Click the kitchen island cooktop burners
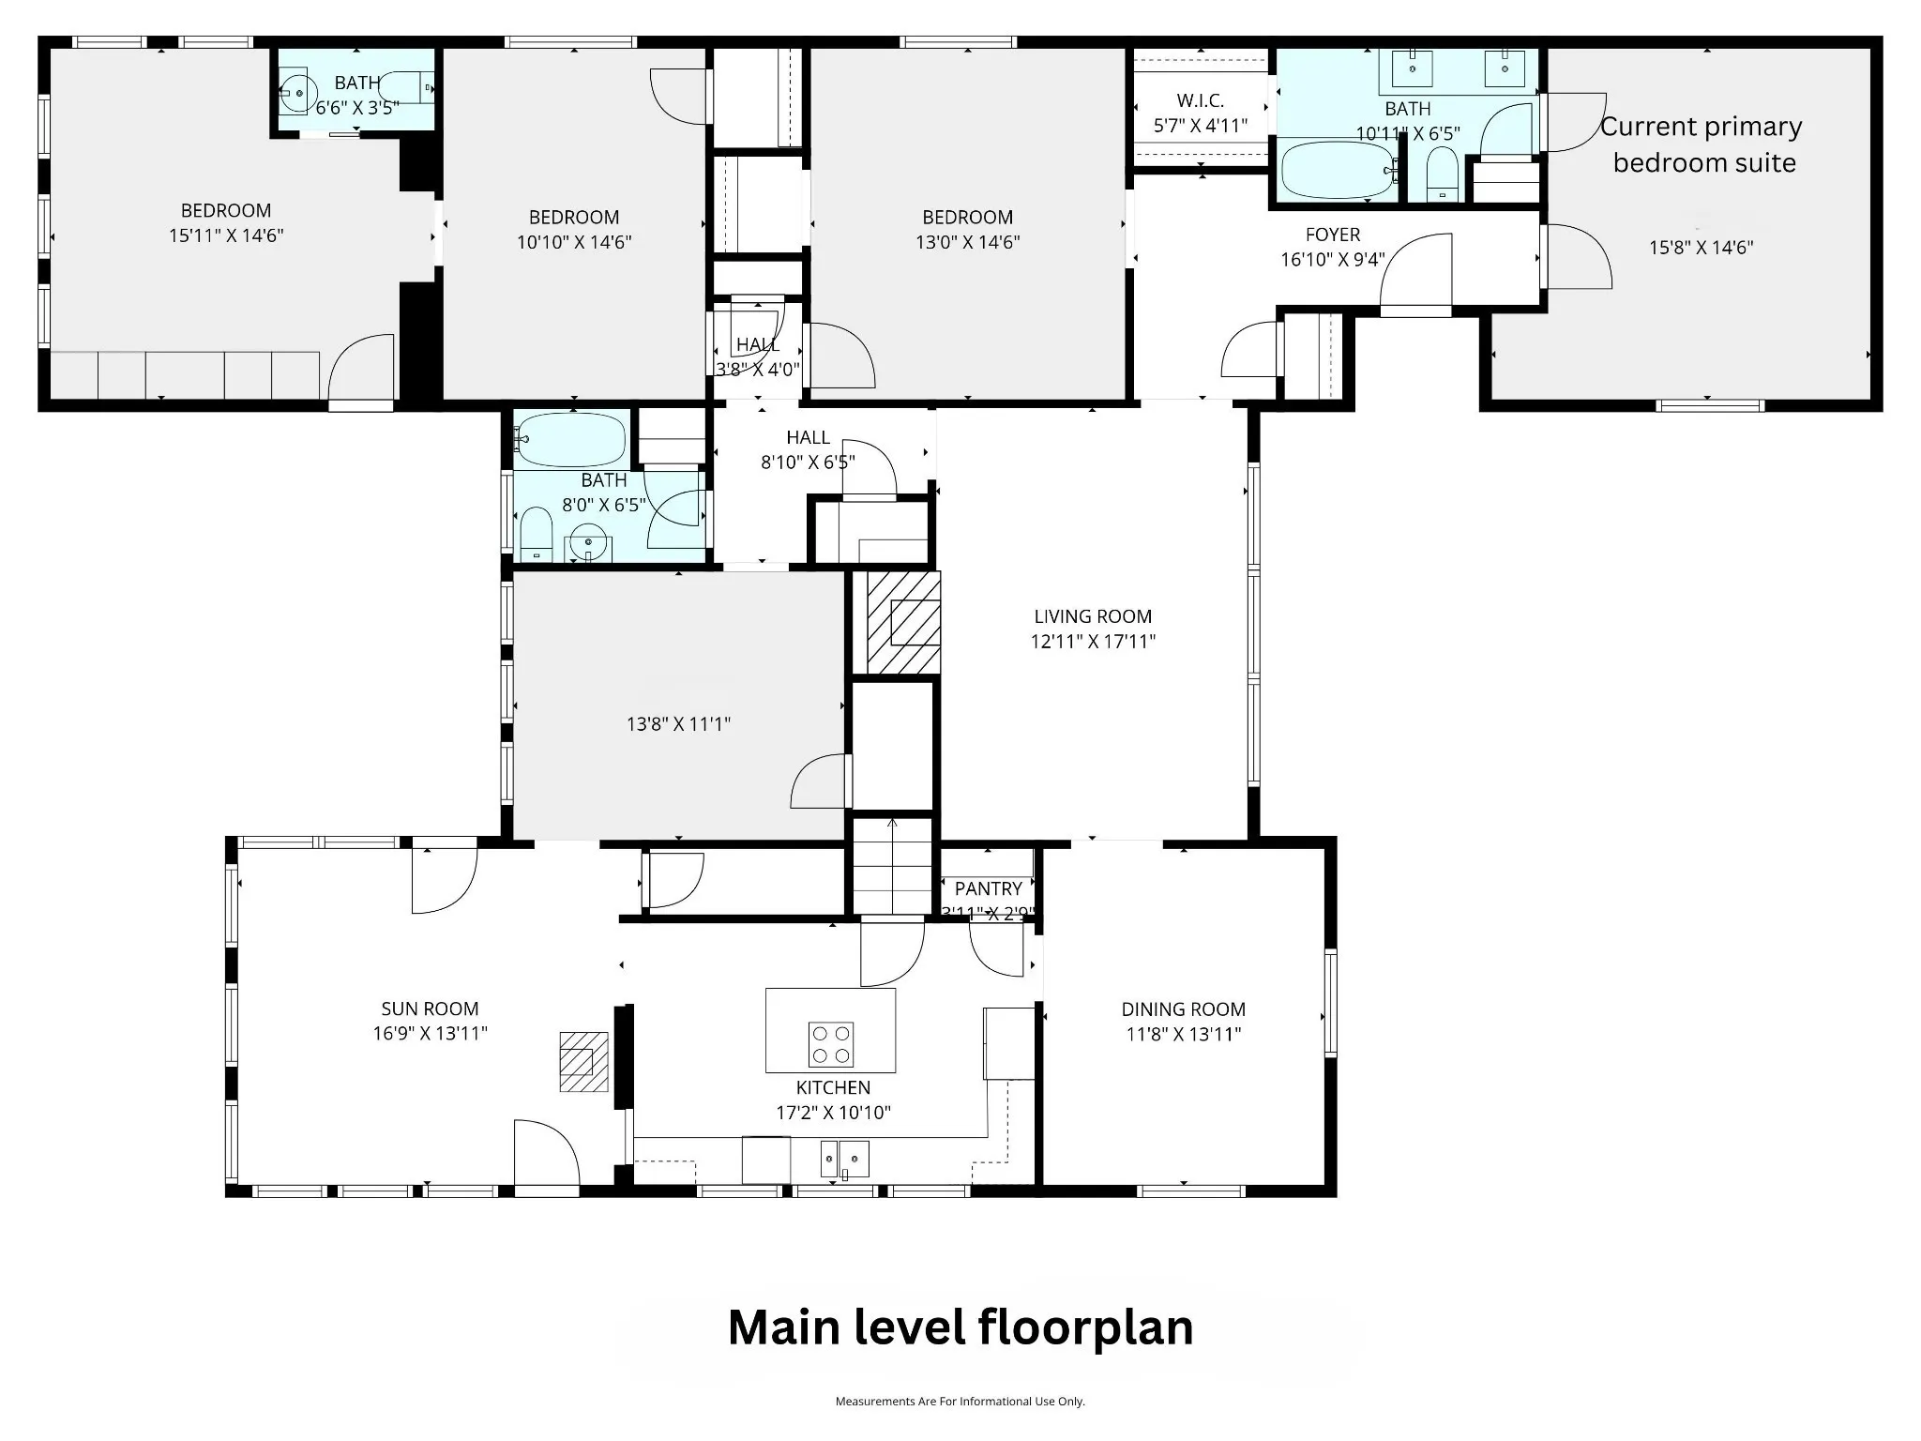point(831,1044)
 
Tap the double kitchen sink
point(845,1159)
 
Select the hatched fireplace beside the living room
point(903,622)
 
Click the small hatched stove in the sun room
point(583,1061)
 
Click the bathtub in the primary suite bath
point(1337,169)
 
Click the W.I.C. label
point(1201,100)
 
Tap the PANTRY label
point(989,888)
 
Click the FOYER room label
point(1333,235)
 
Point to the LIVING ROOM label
point(1093,616)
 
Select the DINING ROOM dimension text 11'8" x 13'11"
point(1184,1034)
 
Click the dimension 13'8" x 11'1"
point(678,723)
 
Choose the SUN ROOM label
point(430,1009)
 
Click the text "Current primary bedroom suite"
point(1702,144)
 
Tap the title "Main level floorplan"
point(960,1327)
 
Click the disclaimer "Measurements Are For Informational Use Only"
point(960,1401)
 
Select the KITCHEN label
point(833,1087)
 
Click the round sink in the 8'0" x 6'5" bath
point(588,543)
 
